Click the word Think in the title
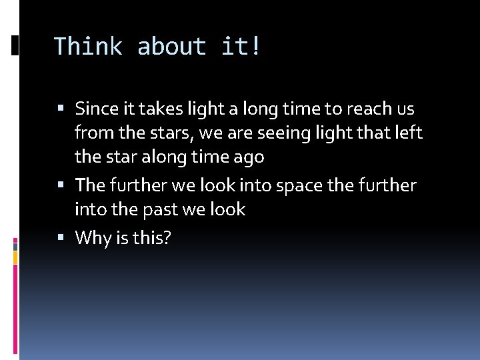tap(88, 47)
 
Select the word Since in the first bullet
tap(95, 108)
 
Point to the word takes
tap(158, 108)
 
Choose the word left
tap(408, 133)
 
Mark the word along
tap(158, 157)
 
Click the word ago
tap(250, 158)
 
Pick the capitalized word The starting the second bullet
tap(89, 185)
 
